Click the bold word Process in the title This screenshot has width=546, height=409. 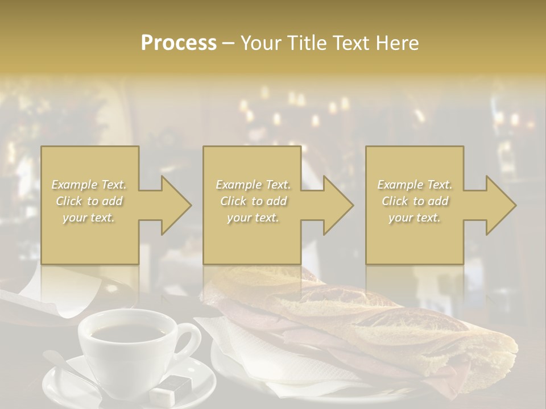click(179, 43)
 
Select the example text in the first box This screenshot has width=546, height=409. click(89, 201)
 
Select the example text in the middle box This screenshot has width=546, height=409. click(253, 201)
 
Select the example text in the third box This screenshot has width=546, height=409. click(414, 201)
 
